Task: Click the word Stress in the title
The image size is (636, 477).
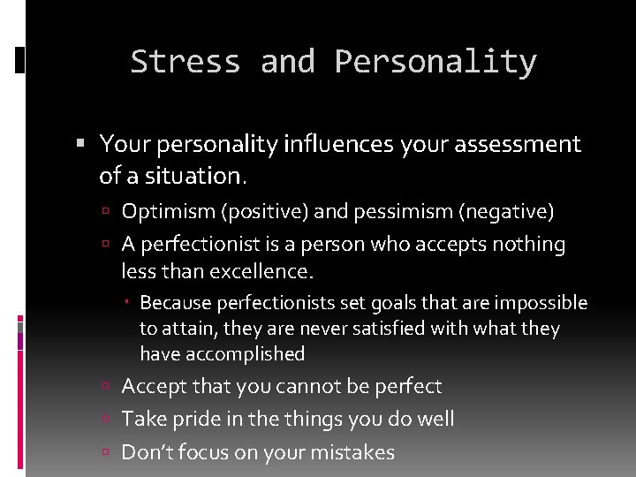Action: tap(185, 62)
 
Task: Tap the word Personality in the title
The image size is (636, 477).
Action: tap(435, 62)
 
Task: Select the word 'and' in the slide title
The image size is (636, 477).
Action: tap(287, 62)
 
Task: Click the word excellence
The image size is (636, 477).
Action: tap(262, 269)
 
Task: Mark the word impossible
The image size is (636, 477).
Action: tap(541, 303)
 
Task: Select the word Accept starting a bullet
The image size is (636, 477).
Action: tap(152, 386)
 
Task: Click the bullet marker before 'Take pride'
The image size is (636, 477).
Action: tap(105, 420)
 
